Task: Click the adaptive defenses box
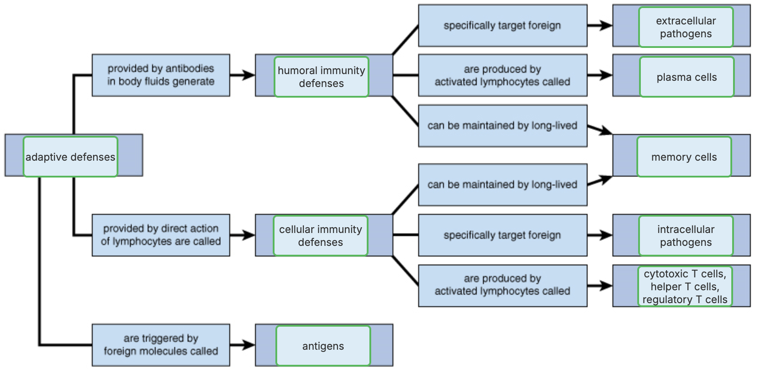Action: coord(70,157)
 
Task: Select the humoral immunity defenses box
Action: coord(322,77)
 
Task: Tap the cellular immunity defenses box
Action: coord(321,236)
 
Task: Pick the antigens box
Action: coord(323,346)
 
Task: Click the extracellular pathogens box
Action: coord(686,27)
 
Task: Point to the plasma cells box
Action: coord(686,77)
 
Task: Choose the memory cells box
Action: coord(684,157)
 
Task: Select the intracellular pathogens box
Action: coord(686,236)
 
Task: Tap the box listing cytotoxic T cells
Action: coord(685,286)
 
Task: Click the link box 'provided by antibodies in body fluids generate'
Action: coord(161,75)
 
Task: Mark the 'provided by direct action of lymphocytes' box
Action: coord(161,235)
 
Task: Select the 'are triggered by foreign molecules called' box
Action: coord(161,345)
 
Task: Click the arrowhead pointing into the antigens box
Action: coord(249,345)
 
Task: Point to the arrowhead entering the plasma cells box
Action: coord(606,75)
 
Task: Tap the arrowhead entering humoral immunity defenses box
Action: coord(249,75)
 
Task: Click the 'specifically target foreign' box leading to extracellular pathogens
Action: coord(502,26)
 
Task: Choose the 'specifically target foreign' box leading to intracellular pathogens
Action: coord(502,235)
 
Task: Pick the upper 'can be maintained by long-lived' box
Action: coord(502,126)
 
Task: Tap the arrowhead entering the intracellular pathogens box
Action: coord(606,235)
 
